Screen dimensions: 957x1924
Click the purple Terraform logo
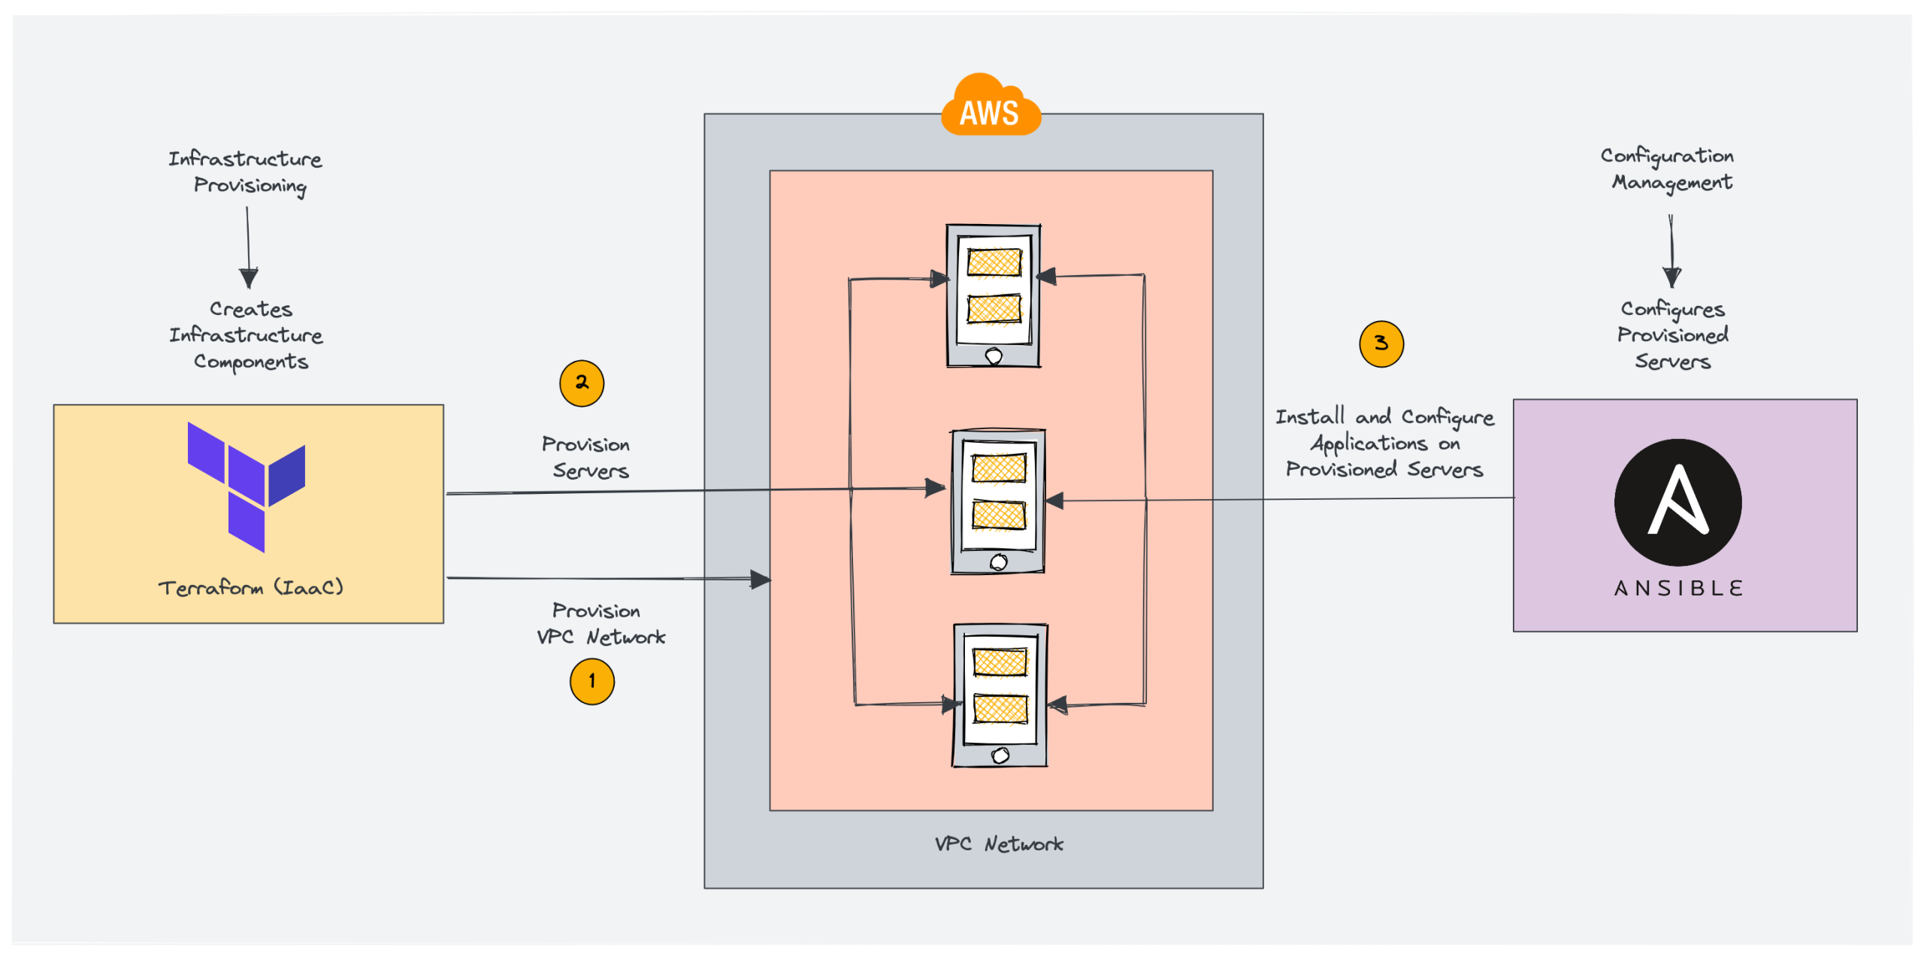247,485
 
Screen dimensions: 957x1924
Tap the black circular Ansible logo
1677,502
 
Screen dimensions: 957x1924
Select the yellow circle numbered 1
592,682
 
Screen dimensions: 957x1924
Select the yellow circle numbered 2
582,383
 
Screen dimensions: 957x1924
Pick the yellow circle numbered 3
1381,344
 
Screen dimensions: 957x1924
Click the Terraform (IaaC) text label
250,587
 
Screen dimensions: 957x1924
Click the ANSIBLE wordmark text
1677,588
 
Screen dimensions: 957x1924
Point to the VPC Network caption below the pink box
998,844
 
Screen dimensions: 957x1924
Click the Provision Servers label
587,457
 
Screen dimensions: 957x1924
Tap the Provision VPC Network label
600,624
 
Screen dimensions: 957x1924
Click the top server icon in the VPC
994,295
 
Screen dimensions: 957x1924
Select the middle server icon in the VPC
998,501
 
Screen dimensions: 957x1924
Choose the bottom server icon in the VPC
1000,695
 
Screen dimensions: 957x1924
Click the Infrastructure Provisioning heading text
247,172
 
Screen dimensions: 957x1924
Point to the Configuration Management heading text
1668,169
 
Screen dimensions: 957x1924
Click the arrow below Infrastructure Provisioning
248,248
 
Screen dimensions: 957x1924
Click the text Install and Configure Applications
1384,443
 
